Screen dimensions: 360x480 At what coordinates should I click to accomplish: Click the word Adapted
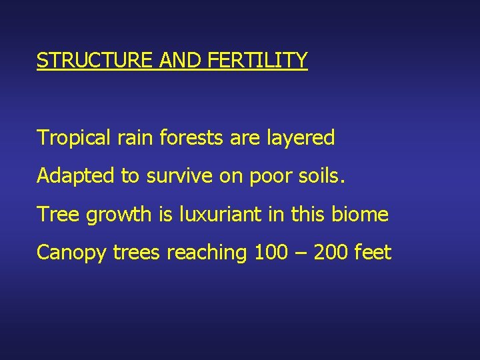(x=75, y=177)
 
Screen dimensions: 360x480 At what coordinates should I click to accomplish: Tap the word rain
(x=131, y=138)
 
